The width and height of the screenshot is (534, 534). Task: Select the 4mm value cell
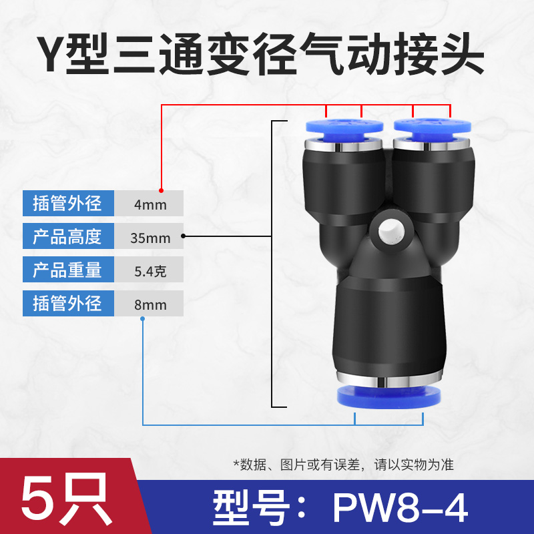point(150,204)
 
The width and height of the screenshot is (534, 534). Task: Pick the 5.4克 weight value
point(150,270)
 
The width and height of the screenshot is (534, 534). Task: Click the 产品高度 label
point(67,236)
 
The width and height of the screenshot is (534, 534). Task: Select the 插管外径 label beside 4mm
point(67,203)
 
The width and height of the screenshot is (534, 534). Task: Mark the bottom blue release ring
point(388,396)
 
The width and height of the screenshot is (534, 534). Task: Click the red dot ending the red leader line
point(162,190)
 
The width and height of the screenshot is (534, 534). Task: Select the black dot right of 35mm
point(184,236)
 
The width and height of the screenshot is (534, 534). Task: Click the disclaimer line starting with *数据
point(342,464)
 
